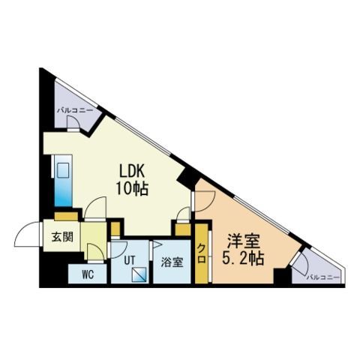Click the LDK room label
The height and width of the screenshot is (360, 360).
(132, 172)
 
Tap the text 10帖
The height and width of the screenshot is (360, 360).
(132, 188)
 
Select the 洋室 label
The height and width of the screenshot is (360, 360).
(244, 241)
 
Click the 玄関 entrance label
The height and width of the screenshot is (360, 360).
(62, 237)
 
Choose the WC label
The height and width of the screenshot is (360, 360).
(88, 274)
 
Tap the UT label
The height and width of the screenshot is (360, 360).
(130, 260)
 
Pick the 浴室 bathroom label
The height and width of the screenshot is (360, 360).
(172, 262)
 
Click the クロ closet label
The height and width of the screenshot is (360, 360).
(201, 253)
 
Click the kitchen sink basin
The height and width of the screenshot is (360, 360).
(63, 170)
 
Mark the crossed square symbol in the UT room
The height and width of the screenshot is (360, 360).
(139, 274)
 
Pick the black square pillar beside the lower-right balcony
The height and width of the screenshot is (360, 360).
(283, 277)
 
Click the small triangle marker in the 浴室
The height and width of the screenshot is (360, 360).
(157, 244)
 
